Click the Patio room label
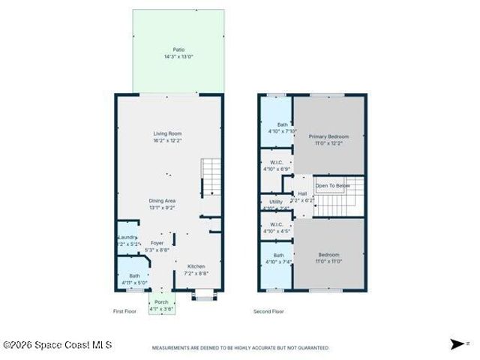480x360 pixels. click(x=178, y=50)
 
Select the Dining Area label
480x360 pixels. click(x=162, y=201)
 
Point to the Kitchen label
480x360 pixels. click(x=196, y=266)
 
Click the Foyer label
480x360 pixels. click(x=157, y=243)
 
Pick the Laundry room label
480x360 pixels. click(x=126, y=238)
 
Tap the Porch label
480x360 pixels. click(x=162, y=302)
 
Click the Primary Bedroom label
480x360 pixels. click(x=328, y=136)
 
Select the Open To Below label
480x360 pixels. click(x=333, y=185)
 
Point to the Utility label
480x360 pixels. click(x=275, y=202)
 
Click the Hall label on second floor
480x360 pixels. click(x=302, y=193)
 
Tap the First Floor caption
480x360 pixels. click(x=124, y=310)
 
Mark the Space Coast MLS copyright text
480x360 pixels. click(x=57, y=345)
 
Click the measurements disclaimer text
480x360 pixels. click(x=240, y=348)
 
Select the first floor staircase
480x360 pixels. click(x=211, y=178)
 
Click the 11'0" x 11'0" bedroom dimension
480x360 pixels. click(x=328, y=262)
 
